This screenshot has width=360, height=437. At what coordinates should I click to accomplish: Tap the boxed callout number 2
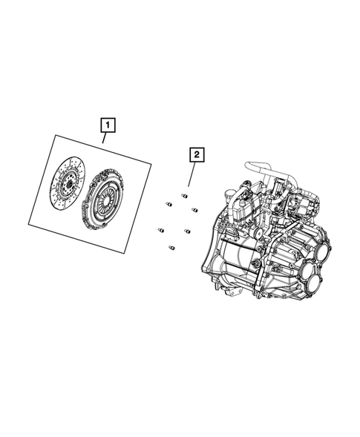click(196, 155)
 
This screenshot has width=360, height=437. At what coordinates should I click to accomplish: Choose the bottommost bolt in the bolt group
click(171, 247)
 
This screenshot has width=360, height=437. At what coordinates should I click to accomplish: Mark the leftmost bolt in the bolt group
click(160, 230)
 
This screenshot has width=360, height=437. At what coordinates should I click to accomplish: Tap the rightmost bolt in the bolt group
click(195, 211)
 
